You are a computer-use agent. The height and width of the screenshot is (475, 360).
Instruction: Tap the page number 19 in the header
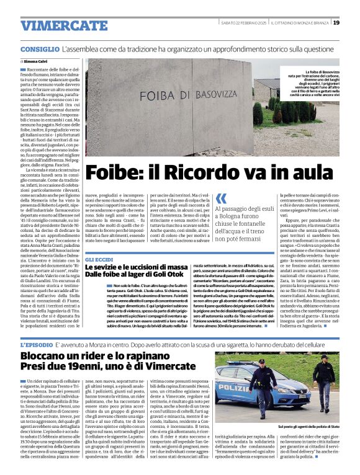[336, 23]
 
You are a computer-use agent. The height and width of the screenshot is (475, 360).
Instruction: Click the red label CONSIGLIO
[38, 48]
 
